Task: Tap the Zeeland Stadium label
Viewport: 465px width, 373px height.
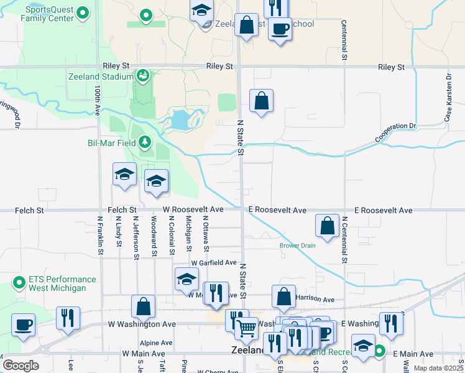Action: pyautogui.click(x=100, y=76)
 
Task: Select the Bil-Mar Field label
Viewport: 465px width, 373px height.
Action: pyautogui.click(x=113, y=142)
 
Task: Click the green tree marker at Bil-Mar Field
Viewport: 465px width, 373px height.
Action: pyautogui.click(x=145, y=142)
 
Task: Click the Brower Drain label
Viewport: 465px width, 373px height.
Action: pyautogui.click(x=297, y=246)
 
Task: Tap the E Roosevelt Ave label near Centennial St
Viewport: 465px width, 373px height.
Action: pyautogui.click(x=383, y=211)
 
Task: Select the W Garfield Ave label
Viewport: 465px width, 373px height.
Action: pyautogui.click(x=213, y=263)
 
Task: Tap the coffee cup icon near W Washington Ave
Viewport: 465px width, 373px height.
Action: pyautogui.click(x=24, y=325)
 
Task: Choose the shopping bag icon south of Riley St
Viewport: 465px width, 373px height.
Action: pyautogui.click(x=262, y=100)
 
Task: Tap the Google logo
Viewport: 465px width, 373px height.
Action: pyautogui.click(x=21, y=366)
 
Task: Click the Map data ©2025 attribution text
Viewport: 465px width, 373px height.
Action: pyautogui.click(x=437, y=368)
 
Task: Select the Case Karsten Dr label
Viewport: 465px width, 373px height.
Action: pyautogui.click(x=448, y=97)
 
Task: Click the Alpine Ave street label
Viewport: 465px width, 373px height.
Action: pyautogui.click(x=156, y=343)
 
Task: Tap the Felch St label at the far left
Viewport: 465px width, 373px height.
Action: pyautogui.click(x=31, y=211)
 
